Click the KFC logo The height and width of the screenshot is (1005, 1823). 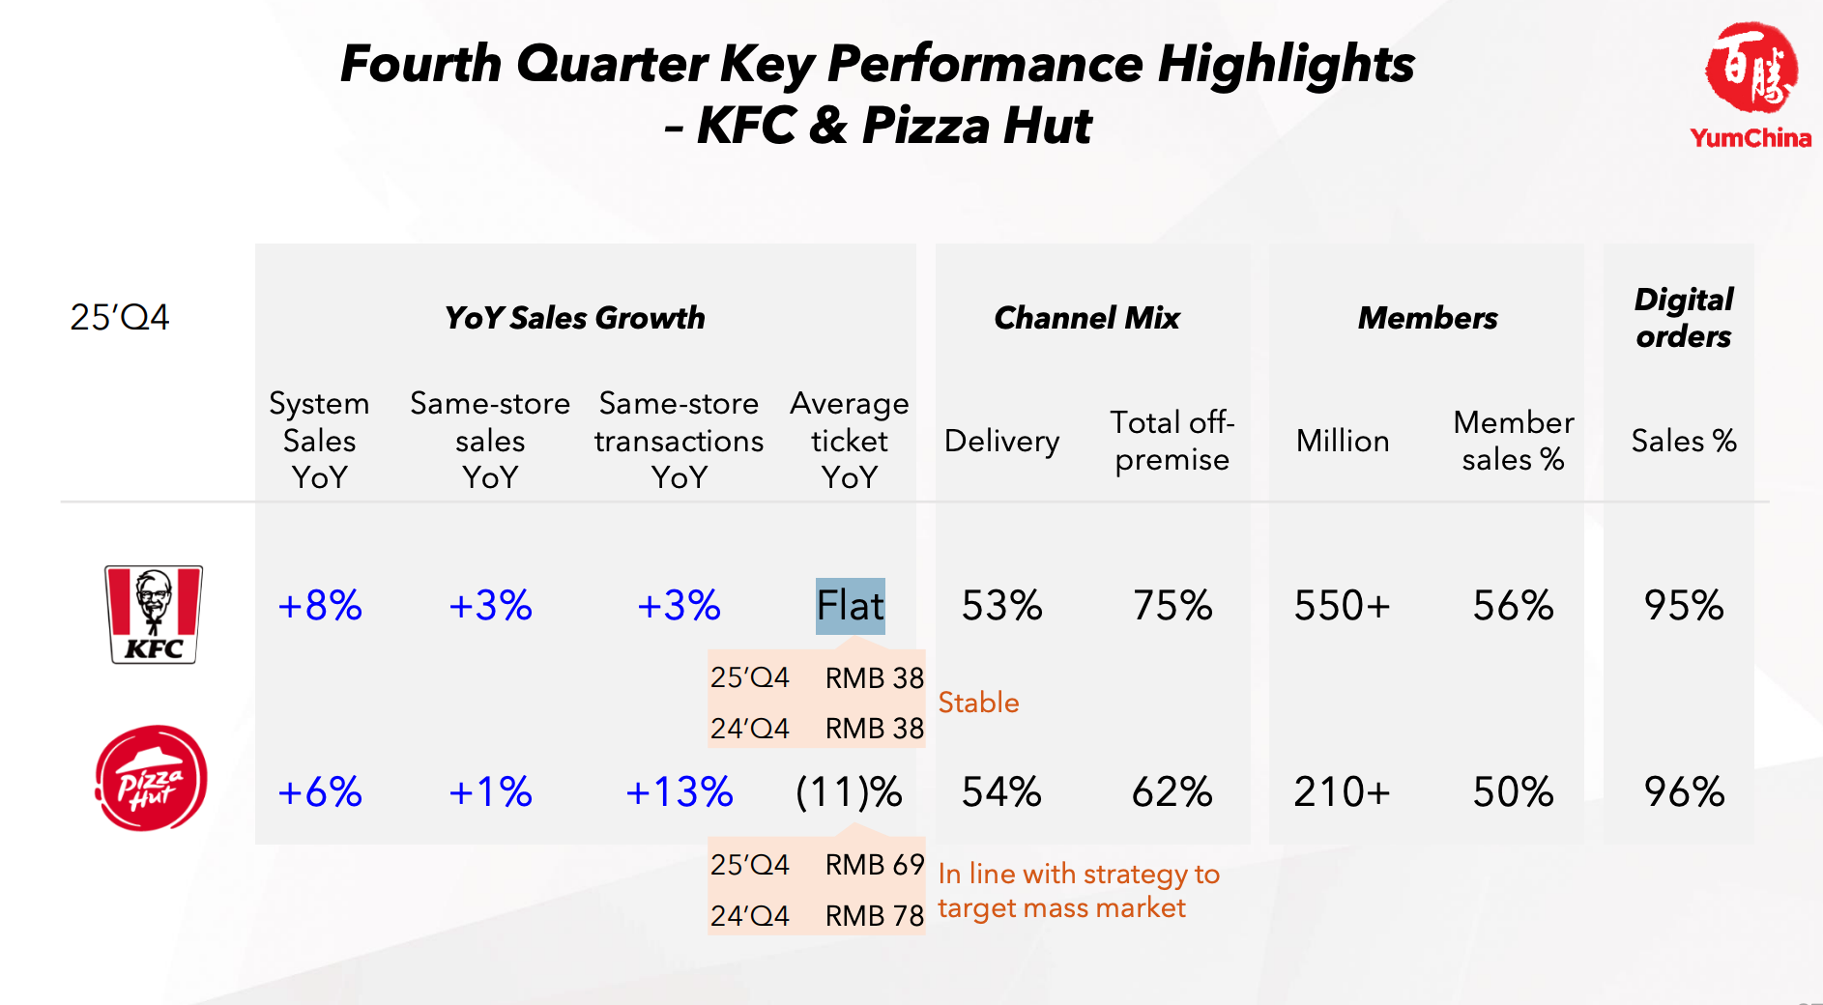(153, 614)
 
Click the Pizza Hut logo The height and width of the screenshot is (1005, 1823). (151, 778)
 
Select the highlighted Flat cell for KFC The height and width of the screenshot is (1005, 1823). (850, 606)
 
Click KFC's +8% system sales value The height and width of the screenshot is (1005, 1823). (319, 606)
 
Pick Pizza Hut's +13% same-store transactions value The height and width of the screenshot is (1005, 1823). (679, 792)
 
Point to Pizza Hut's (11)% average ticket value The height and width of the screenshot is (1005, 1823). (849, 792)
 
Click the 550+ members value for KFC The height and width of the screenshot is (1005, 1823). (1342, 606)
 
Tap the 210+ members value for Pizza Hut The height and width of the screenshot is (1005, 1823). (1342, 792)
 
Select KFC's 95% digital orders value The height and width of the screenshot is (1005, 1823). (1684, 606)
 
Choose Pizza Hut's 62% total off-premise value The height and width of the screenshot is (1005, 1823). (1172, 792)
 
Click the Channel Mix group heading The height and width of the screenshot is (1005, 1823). (1086, 318)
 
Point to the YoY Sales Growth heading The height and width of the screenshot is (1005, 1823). (574, 318)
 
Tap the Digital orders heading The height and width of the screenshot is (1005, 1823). (1684, 318)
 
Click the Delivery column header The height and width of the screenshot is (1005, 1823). (1001, 441)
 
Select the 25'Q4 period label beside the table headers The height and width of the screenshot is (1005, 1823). (119, 318)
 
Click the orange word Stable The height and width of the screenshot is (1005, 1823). (978, 703)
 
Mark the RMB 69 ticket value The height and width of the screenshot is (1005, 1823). (874, 865)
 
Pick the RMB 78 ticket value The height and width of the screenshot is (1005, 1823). (874, 915)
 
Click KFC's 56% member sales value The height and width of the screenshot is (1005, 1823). (1513, 606)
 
